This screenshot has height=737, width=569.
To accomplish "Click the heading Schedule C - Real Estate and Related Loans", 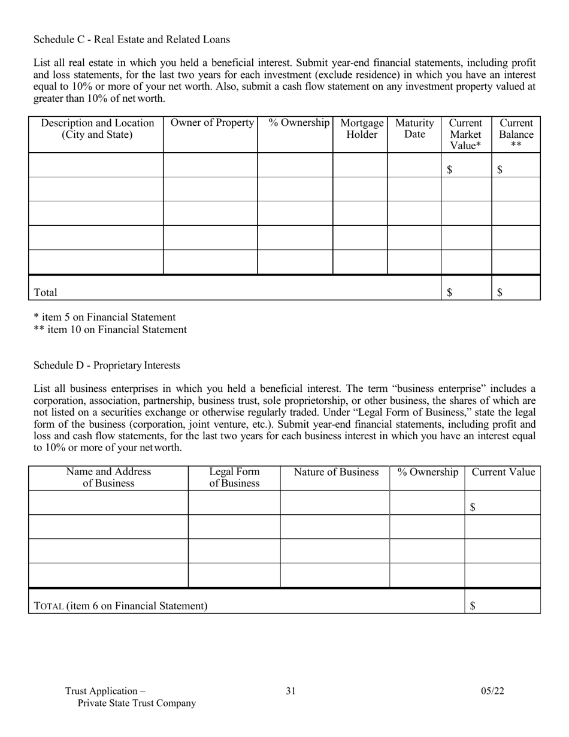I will click(132, 40).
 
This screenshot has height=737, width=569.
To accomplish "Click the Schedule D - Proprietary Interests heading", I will click(107, 366).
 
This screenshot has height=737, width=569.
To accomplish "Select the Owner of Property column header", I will click(211, 123).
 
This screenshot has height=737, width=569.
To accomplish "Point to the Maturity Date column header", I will click(414, 129).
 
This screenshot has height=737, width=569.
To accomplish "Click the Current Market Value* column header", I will click(466, 134).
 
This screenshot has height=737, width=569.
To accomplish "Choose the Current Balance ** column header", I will click(516, 134).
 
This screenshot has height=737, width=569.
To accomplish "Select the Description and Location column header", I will click(96, 129).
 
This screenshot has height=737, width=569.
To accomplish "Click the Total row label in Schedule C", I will click(46, 292).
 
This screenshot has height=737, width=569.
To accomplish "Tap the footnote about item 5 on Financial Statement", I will click(105, 318).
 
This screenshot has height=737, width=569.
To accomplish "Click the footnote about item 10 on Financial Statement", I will click(110, 330).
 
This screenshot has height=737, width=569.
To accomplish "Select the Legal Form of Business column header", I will click(234, 478).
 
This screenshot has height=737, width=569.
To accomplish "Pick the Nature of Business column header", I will click(335, 472).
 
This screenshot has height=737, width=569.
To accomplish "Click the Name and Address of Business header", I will click(108, 478).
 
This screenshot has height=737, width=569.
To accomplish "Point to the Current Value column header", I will click(503, 472).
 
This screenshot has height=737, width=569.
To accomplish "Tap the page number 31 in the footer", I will click(291, 691).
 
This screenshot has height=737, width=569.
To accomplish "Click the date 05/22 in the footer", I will click(492, 691).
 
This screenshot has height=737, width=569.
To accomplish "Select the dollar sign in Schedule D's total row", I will click(473, 606).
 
